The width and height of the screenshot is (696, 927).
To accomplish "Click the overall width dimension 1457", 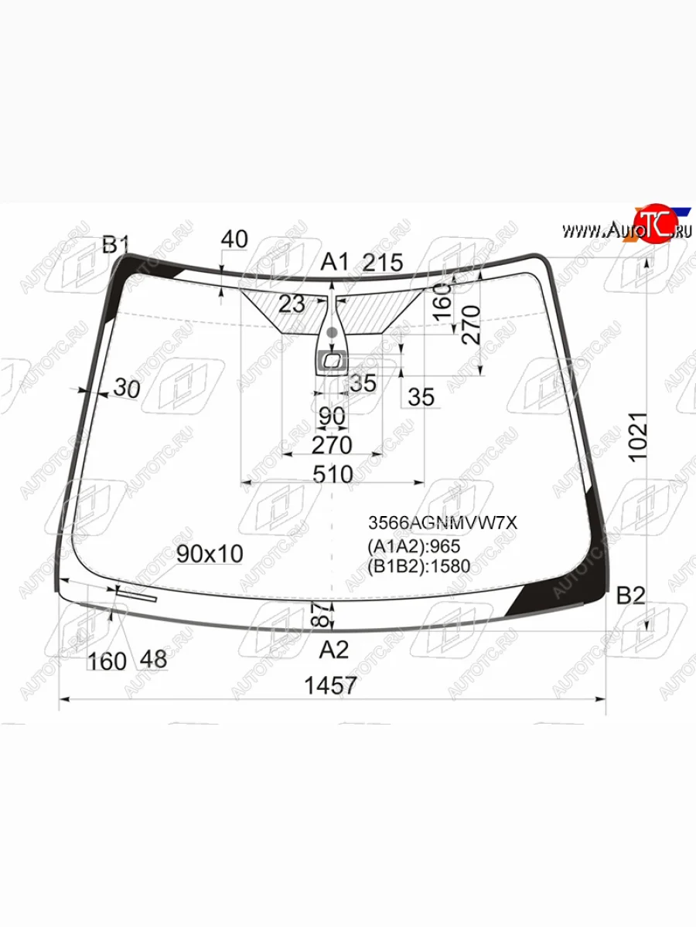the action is (x=330, y=685).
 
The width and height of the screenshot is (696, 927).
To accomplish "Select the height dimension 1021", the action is (x=638, y=437).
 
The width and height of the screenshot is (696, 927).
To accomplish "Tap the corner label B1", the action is (x=115, y=245).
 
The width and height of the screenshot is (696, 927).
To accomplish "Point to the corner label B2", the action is (x=631, y=596).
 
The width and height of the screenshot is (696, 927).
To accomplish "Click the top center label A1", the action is (x=335, y=262).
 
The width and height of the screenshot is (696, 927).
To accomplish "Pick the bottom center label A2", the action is (x=334, y=650).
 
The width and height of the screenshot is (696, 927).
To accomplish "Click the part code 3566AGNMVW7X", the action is (x=442, y=523).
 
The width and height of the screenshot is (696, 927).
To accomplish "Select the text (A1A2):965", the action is (x=414, y=546).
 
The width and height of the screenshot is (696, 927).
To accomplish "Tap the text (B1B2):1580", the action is (x=419, y=566).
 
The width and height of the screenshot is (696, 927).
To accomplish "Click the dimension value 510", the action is (x=333, y=474).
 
